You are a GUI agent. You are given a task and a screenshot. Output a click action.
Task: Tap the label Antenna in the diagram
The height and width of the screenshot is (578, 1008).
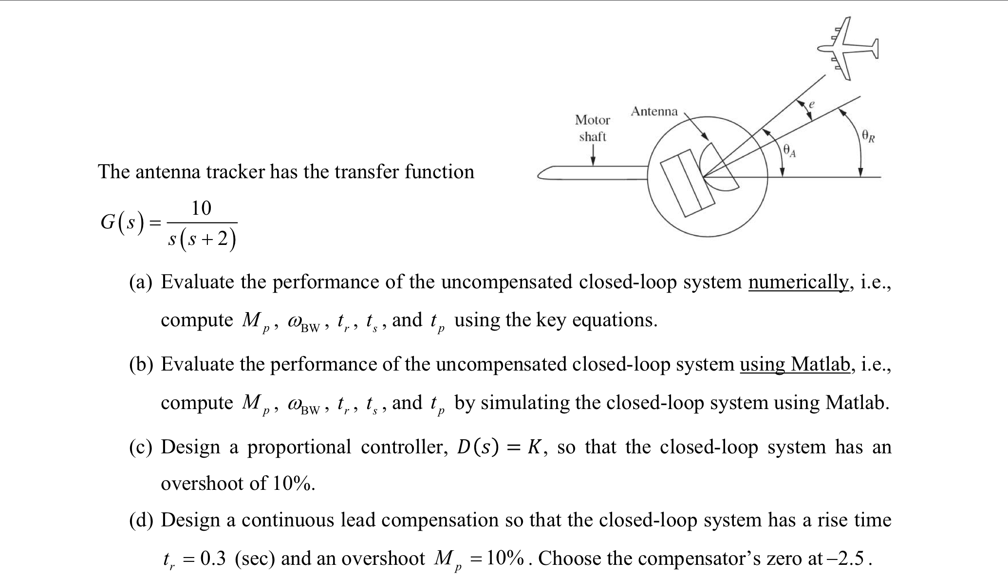654,112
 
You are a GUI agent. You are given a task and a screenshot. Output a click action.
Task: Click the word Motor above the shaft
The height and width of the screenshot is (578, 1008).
592,120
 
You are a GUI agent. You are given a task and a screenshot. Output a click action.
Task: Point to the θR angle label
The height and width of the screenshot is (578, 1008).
868,135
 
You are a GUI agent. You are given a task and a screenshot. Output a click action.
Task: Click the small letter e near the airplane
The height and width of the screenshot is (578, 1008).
811,104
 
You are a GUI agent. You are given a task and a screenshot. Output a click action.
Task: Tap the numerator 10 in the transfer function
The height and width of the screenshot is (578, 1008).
201,208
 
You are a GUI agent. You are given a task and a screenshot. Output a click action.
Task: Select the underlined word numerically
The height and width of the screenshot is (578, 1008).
799,282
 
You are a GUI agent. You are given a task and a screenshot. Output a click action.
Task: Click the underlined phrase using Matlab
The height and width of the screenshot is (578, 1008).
796,364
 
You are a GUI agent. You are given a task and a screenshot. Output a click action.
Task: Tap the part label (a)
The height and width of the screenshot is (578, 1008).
141,282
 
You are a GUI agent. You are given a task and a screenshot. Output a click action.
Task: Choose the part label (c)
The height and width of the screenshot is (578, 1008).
141,447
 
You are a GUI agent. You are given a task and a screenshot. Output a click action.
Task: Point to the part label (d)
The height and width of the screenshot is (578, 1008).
141,521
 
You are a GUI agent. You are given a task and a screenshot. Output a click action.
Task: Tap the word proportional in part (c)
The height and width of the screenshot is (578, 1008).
299,447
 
